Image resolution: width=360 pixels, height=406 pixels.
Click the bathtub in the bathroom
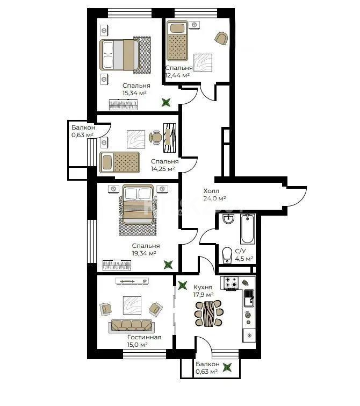(248, 229)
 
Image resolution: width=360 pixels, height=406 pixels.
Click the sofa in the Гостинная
(132, 325)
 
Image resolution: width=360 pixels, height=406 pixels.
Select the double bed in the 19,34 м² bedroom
(138, 204)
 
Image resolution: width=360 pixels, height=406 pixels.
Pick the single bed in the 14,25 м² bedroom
(119, 161)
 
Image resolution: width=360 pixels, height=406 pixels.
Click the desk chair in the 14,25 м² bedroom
(156, 137)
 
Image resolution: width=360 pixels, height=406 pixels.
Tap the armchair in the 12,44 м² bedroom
(220, 38)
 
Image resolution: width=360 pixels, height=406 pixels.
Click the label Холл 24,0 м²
(214, 194)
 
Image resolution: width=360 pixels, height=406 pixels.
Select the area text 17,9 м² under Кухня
(203, 294)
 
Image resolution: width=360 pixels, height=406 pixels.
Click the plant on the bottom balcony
(228, 368)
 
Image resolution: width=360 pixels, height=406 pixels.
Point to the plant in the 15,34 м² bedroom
(167, 101)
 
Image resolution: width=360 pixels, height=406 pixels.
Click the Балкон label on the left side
(83, 127)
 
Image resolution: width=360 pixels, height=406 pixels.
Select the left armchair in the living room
(106, 308)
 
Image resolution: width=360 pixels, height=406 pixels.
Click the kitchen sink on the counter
(249, 295)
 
